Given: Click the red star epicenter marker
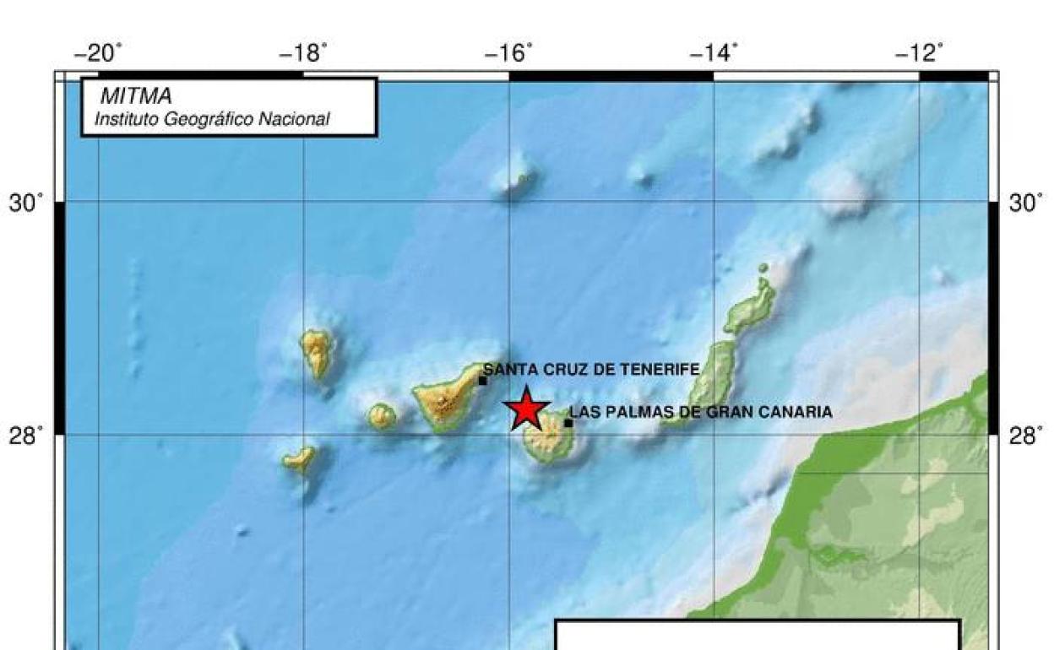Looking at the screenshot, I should [x=527, y=409].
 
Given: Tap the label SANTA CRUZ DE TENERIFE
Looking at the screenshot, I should [x=591, y=369].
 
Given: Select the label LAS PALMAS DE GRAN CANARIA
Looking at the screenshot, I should [x=701, y=412].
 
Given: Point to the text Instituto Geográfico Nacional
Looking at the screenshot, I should [x=212, y=120].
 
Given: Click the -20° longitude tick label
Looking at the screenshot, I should [x=98, y=54].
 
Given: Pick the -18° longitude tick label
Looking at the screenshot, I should [x=303, y=54].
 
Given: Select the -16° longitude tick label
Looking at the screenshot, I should [x=509, y=54].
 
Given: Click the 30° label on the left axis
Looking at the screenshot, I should [x=26, y=203].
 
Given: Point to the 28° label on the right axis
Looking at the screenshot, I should [x=1026, y=436].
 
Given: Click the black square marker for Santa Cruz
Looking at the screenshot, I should [x=482, y=381].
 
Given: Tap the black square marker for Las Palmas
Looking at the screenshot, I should [x=568, y=423].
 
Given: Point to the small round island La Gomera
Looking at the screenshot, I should [x=382, y=415].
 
